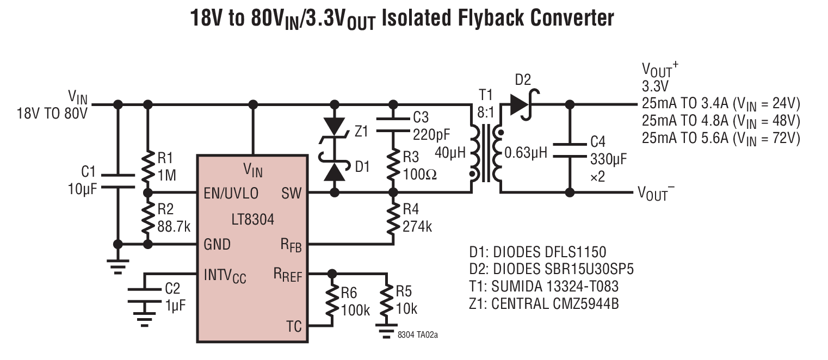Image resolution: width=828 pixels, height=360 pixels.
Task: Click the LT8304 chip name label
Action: pyautogui.click(x=253, y=220)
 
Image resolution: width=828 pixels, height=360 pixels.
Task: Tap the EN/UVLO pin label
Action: pyautogui.click(x=231, y=193)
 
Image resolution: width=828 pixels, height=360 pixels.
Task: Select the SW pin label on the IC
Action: pyautogui.click(x=292, y=193)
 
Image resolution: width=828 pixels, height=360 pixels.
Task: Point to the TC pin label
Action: pyautogui.click(x=294, y=326)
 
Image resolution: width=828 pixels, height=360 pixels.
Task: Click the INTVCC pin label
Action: pyautogui.click(x=225, y=276)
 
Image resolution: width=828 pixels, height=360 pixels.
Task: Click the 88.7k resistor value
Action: pyautogui.click(x=174, y=227)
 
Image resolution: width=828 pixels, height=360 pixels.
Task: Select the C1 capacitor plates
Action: pyautogui.click(x=118, y=181)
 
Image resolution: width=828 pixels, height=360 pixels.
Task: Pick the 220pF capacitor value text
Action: pyautogui.click(x=431, y=134)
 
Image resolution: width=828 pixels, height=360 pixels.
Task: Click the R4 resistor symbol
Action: pyautogui.click(x=393, y=218)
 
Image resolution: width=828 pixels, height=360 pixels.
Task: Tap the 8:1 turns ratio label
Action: pyautogui.click(x=485, y=112)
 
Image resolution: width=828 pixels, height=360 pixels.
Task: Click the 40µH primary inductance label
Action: pyautogui.click(x=450, y=153)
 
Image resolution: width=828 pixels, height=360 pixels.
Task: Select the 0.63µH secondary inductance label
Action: pyautogui.click(x=526, y=153)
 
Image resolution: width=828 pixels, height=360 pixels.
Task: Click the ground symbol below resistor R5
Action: pyautogui.click(x=386, y=331)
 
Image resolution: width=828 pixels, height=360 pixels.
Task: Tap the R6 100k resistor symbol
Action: pyautogui.click(x=332, y=300)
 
